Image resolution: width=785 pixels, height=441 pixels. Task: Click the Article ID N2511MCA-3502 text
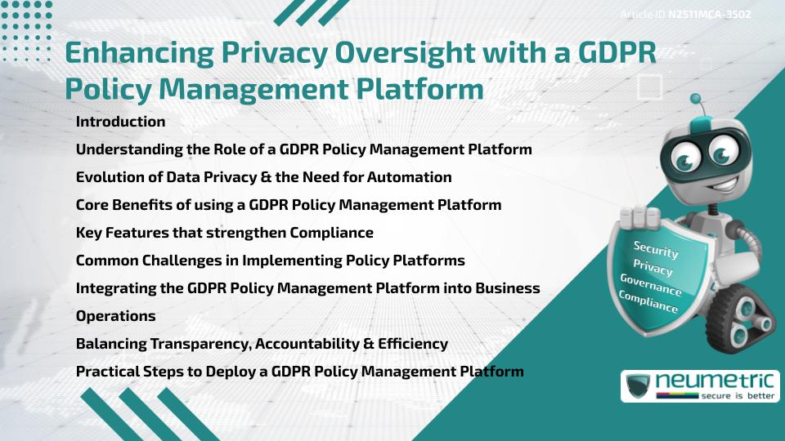point(685,15)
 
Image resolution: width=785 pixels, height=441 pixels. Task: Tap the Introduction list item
point(120,122)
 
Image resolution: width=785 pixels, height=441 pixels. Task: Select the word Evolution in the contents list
point(108,177)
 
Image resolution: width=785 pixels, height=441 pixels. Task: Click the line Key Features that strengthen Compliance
point(224,233)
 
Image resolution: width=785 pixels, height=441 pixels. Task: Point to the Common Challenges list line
point(270,261)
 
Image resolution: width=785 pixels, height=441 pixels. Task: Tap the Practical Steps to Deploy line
point(299,372)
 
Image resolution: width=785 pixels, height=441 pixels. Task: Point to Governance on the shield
point(650,284)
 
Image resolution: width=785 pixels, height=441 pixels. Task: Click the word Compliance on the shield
point(648,301)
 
